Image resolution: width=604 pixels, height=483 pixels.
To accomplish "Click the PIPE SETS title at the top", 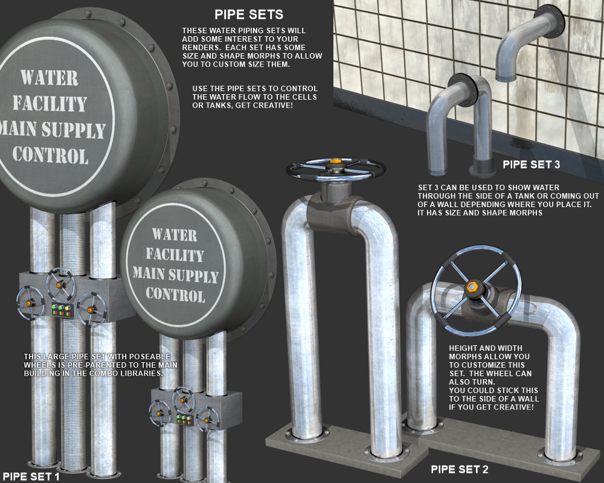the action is [249, 14].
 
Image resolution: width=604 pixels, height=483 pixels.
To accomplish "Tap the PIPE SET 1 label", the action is [31, 476].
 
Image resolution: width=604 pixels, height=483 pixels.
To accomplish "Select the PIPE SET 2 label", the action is [460, 470].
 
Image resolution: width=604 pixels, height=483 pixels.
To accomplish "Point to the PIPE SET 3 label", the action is [532, 164].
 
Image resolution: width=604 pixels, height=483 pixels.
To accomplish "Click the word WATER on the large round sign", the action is [50, 77].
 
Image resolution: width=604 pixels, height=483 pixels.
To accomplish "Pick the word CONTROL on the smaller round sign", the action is [175, 295].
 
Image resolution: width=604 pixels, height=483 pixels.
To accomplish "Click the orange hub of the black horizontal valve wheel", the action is [335, 161].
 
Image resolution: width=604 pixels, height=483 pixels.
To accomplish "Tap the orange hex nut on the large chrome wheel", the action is [472, 287].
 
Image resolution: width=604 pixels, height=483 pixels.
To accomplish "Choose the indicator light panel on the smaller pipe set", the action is [184, 420].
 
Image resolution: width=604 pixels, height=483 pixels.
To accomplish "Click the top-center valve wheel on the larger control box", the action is [60, 284].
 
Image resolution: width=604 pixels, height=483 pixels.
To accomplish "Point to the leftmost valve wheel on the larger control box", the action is [30, 302].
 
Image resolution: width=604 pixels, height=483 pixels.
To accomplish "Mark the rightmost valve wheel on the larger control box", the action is [91, 309].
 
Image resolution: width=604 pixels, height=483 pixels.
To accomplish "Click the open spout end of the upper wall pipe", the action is [506, 78].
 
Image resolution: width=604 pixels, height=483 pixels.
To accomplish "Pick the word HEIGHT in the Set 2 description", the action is [464, 348].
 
